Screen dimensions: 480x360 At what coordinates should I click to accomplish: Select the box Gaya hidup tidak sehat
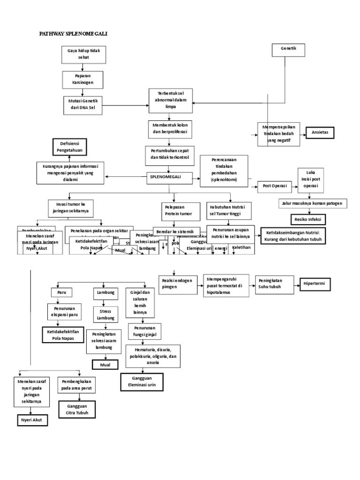pos(80,54)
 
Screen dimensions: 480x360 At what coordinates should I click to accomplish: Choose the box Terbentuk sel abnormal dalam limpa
pos(171,100)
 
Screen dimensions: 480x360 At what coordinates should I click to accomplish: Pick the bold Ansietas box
pos(323,133)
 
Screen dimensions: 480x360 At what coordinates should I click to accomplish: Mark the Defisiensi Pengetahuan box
pos(71,146)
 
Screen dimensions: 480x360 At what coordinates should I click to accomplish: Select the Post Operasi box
pos(274,186)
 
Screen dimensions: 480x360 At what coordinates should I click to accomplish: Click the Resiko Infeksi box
pos(307,219)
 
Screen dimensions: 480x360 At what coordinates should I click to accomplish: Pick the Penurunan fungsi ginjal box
pos(145,331)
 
